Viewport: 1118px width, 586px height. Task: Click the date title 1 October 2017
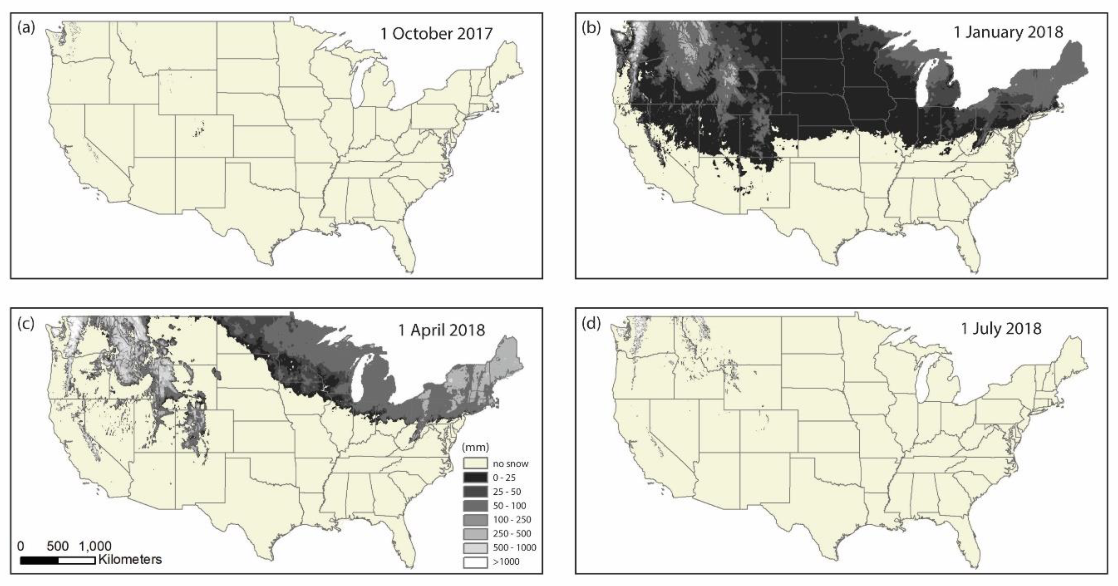click(x=436, y=33)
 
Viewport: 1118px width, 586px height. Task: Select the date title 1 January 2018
click(x=1008, y=32)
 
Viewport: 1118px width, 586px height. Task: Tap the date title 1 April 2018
click(x=441, y=330)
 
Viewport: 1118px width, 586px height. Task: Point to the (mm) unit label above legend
click(x=475, y=447)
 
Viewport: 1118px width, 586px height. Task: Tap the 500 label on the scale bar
click(x=58, y=546)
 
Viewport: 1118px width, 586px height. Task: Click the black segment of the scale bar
click(x=39, y=560)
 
